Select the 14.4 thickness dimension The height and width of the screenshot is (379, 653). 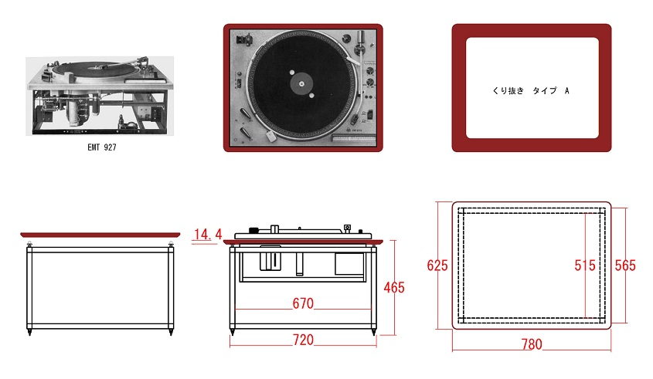(207, 234)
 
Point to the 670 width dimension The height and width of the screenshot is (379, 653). (303, 303)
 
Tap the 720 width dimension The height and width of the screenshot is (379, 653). (303, 339)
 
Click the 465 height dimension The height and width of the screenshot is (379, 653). (393, 287)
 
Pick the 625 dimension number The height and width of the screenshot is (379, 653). (437, 266)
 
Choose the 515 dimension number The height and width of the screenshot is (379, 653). (585, 266)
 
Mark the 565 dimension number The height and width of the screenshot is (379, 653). (624, 266)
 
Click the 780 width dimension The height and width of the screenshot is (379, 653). (531, 344)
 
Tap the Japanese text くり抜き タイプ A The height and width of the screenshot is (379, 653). (531, 91)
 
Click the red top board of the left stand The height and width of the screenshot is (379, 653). (100, 234)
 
